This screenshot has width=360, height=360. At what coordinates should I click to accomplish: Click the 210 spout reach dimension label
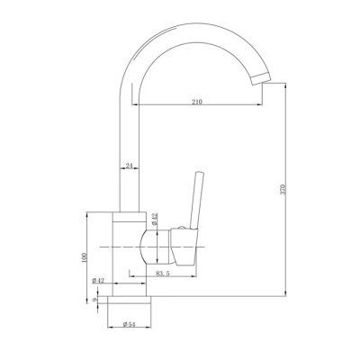click(197, 102)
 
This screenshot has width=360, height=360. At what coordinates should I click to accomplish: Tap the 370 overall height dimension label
click(285, 189)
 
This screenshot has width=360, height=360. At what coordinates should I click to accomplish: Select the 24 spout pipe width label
click(130, 166)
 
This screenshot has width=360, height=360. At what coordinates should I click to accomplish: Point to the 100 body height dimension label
click(85, 257)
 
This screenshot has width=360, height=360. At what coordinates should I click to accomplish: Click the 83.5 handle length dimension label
click(163, 274)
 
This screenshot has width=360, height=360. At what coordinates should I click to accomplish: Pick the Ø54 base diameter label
click(130, 324)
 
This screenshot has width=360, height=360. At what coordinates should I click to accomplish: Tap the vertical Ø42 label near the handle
click(154, 219)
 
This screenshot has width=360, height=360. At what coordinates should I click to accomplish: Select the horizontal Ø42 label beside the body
click(98, 281)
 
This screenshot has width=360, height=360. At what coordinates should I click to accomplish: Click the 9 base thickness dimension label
click(95, 300)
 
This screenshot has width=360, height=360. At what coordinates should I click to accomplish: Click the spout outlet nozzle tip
click(261, 78)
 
